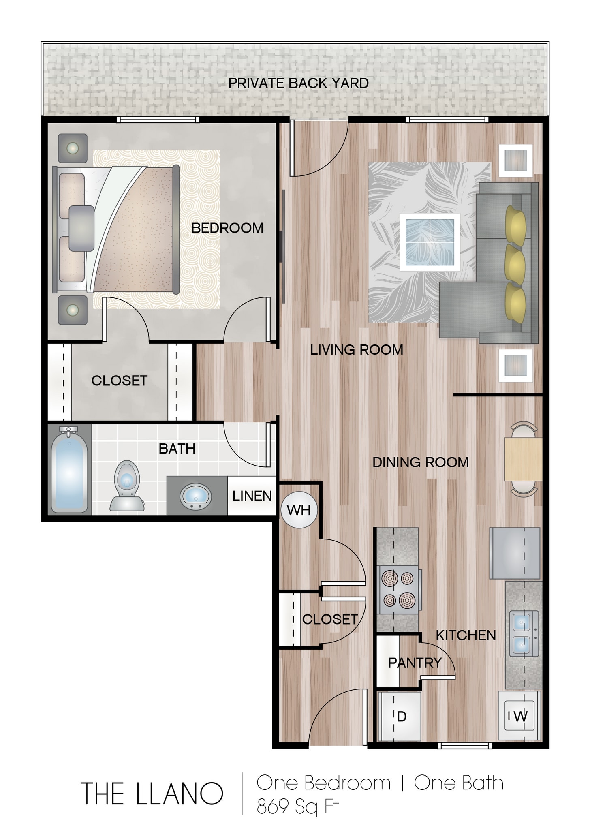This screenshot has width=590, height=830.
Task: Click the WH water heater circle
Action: [x=299, y=510]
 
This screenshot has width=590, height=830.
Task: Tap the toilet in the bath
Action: [x=127, y=486]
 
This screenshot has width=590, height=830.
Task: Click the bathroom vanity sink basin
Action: [x=195, y=496]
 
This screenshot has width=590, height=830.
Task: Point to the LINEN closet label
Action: [x=252, y=496]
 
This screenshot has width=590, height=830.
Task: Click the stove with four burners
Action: [x=399, y=590]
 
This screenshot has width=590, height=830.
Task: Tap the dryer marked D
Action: [x=400, y=717]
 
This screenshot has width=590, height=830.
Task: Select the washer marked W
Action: [x=520, y=717]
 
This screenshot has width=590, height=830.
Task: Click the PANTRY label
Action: [x=415, y=663]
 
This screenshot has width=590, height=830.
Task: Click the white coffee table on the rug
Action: [x=430, y=242]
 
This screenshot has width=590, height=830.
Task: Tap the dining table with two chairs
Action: [x=523, y=459]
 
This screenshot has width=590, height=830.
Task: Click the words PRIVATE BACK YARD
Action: [x=298, y=83]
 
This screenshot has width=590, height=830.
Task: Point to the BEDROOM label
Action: [x=227, y=228]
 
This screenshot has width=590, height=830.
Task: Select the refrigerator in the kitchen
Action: [x=515, y=553]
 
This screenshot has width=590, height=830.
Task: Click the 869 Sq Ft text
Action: [x=297, y=806]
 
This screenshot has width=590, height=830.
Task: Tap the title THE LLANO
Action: [x=152, y=794]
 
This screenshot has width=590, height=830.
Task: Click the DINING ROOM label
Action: [x=420, y=462]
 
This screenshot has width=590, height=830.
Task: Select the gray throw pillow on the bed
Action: [x=81, y=228]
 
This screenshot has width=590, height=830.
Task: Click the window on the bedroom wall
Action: [x=158, y=120]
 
